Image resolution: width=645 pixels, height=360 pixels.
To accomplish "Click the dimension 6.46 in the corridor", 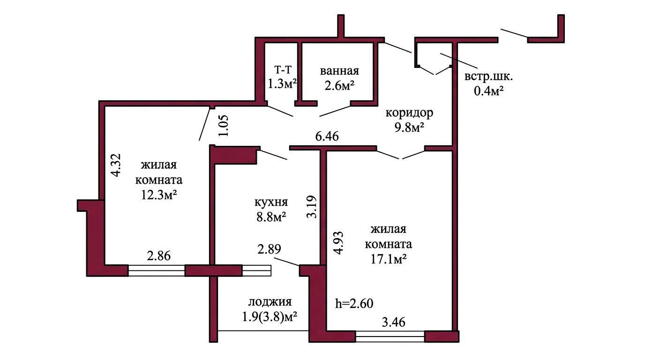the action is click(x=327, y=136).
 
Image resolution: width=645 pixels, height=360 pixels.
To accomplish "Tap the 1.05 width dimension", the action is click(x=224, y=126).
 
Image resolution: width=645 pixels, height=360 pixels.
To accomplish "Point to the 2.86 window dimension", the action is click(x=158, y=256).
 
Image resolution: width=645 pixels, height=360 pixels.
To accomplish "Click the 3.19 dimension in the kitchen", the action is click(x=312, y=207).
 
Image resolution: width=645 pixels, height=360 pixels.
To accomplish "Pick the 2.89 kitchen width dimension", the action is click(x=269, y=249).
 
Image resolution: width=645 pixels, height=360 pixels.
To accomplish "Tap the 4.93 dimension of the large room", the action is click(x=338, y=242).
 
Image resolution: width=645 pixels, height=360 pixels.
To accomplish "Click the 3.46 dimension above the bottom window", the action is click(x=394, y=322).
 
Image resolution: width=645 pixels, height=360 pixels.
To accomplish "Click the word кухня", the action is click(x=271, y=202).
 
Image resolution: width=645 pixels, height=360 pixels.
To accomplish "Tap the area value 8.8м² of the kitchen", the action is click(x=271, y=217).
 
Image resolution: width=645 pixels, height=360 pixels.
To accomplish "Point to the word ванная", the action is click(x=339, y=71).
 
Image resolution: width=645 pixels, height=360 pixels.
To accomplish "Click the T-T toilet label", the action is click(x=283, y=69).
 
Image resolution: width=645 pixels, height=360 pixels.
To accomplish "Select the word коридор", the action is click(x=409, y=113).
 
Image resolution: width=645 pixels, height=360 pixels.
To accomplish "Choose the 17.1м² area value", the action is click(x=389, y=259).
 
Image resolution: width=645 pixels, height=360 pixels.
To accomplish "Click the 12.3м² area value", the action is click(x=158, y=195).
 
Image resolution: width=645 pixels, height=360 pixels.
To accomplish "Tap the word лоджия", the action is click(x=270, y=302).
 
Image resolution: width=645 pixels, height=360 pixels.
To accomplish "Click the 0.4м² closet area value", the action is click(x=488, y=91).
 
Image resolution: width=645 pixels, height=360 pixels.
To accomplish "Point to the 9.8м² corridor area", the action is click(x=409, y=127).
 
